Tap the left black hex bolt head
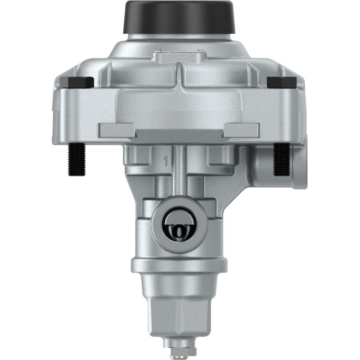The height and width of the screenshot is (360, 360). [76, 82]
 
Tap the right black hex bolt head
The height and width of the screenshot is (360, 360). [282, 82]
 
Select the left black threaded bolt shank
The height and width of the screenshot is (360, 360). [76, 160]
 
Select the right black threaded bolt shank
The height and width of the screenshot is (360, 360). [283, 159]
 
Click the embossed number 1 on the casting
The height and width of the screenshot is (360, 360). [166, 159]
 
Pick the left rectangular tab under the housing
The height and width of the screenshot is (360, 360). [117, 130]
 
